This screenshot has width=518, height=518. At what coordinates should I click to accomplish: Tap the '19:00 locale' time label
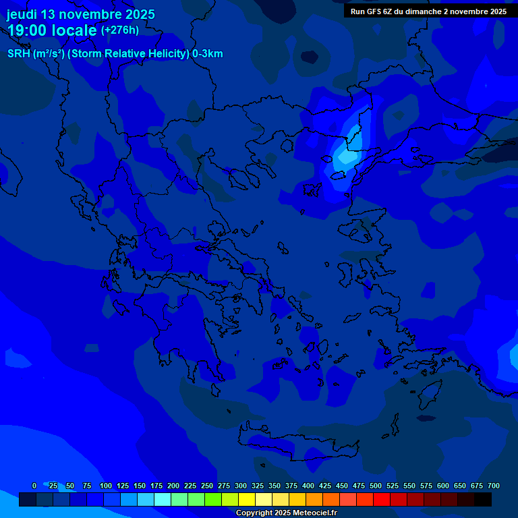53,30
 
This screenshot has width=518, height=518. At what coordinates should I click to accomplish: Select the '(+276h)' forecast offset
120,30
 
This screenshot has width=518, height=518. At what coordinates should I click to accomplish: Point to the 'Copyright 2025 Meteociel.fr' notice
286,513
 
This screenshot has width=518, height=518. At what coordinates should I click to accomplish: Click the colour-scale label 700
494,486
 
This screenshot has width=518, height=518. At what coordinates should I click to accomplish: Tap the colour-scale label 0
34,486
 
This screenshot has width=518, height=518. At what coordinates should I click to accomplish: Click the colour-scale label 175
156,486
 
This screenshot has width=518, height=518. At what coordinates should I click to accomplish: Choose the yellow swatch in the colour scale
247,499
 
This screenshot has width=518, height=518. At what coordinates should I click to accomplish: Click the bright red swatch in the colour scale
382,499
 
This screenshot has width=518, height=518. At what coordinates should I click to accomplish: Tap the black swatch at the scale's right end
483,499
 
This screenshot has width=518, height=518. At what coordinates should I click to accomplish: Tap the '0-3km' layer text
208,54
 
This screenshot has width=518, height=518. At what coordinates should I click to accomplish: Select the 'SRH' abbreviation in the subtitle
19,54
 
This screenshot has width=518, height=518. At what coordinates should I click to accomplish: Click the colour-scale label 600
443,486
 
